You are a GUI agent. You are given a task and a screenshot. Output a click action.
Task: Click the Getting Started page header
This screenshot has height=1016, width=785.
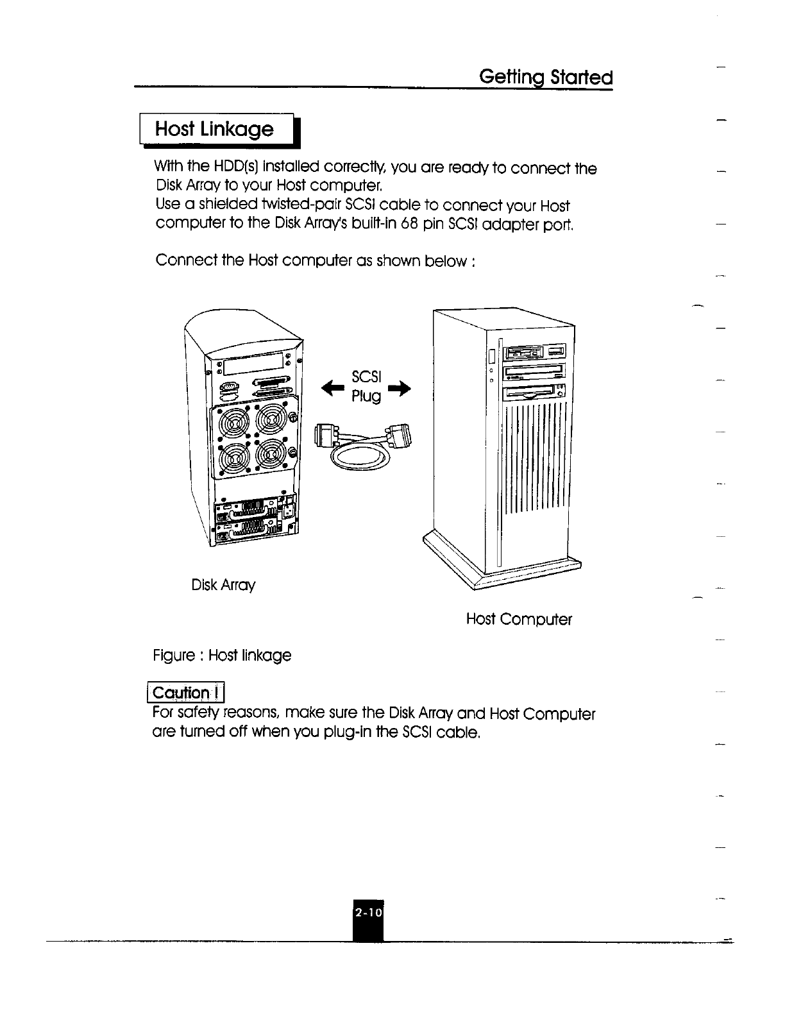(546, 78)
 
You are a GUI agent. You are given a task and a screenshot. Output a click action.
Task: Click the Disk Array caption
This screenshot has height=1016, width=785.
(223, 585)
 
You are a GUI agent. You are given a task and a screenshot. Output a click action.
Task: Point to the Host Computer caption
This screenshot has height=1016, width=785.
(519, 619)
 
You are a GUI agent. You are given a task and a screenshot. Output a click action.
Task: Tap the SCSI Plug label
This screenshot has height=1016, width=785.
(366, 387)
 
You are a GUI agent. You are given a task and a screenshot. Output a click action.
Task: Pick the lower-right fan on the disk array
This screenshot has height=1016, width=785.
(271, 456)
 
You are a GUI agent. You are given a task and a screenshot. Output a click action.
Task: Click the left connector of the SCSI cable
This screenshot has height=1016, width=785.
(326, 436)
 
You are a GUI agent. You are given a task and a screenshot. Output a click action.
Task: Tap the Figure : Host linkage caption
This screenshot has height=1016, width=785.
(222, 656)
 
